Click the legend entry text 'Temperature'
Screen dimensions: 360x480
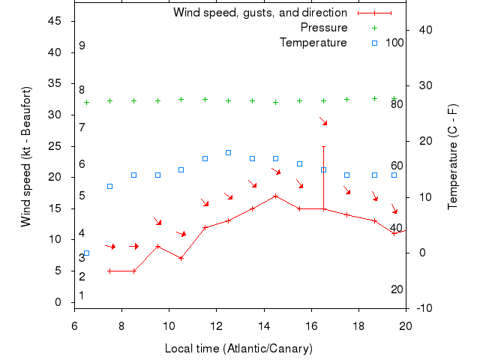pos(313,42)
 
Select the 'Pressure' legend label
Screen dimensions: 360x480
pos(324,28)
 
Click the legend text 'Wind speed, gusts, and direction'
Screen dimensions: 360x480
pos(259,13)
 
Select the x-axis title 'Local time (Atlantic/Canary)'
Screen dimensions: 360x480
pos(238,349)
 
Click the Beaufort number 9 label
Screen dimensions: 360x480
pos(82,46)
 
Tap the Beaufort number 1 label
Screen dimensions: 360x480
pos(82,295)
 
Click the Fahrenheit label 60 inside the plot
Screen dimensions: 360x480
pos(397,166)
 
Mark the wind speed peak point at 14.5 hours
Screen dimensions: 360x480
pos(276,196)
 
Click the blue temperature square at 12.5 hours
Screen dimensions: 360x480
pos(228,152)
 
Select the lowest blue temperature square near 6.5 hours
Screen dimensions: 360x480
pos(86,253)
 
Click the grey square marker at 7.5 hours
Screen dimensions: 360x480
pos(109,186)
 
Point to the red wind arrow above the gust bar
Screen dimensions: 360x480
pos(323,121)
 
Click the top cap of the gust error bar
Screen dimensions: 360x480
pos(323,146)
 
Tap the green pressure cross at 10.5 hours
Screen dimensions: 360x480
pos(181,99)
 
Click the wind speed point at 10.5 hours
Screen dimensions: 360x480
pos(181,258)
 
